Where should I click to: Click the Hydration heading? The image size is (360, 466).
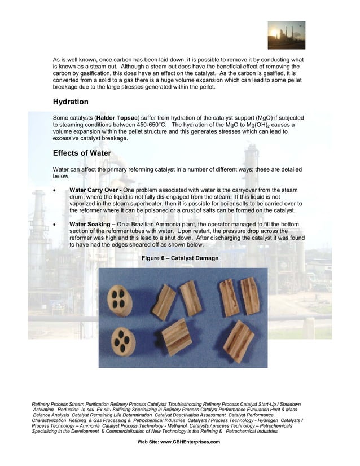pyautogui.click(x=71, y=102)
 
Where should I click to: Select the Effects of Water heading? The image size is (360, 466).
pyautogui.click(x=82, y=153)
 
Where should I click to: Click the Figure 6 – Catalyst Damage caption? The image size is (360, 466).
pyautogui.click(x=180, y=258)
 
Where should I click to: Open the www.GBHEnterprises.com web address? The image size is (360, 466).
pyautogui.click(x=190, y=442)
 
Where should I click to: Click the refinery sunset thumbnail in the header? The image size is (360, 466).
pyautogui.click(x=286, y=36)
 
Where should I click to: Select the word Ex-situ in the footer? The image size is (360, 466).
pyautogui.click(x=106, y=409)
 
